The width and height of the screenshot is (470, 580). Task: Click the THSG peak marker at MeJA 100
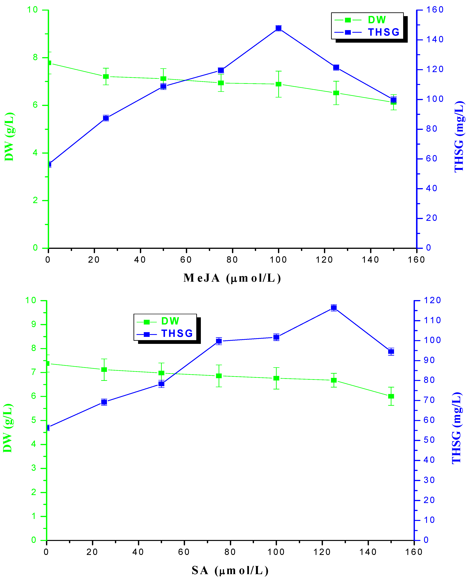point(278,28)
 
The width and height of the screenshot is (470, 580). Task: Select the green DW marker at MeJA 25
point(106,76)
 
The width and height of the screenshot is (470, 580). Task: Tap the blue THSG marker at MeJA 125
point(336,67)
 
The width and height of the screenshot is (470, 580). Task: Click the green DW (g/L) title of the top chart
point(9,137)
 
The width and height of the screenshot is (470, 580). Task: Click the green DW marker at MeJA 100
point(278,84)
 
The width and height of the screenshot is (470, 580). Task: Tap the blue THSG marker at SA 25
point(104,402)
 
